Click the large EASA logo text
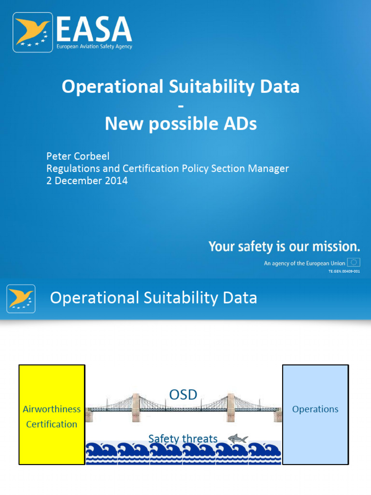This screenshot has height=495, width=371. click(94, 29)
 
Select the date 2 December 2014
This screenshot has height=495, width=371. click(87, 181)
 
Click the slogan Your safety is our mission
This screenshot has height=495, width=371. click(284, 247)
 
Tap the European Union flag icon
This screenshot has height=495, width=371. click(354, 263)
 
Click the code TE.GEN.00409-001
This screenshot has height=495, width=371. click(344, 272)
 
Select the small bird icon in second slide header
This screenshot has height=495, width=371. click(21, 298)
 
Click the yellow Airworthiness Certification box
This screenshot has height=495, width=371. click(52, 415)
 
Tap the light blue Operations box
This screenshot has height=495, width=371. click(315, 415)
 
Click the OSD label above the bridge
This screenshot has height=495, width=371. click(183, 394)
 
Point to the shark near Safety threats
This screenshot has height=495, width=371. click(238, 438)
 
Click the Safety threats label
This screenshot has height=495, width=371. click(183, 439)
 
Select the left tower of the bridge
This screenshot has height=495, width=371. click(136, 407)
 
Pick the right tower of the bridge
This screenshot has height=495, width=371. click(230, 407)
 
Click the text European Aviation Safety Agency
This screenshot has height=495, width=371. click(94, 46)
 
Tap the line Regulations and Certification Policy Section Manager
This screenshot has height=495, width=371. click(167, 169)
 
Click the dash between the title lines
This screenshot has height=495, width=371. click(181, 106)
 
